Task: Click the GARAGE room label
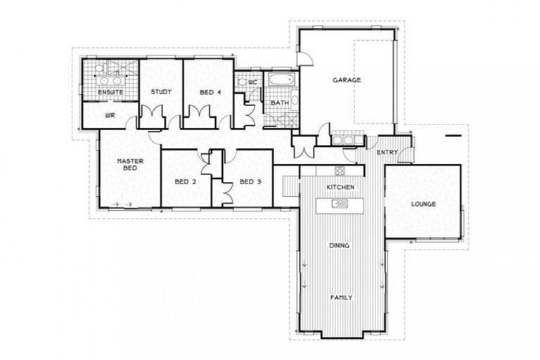[347, 80]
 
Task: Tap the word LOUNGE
[424, 204]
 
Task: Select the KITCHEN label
[340, 187]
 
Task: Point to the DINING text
[340, 245]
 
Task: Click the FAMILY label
[342, 297]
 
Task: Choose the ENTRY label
[387, 152]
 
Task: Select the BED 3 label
[250, 181]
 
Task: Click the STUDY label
[161, 92]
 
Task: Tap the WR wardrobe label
[110, 115]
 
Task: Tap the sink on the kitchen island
[340, 204]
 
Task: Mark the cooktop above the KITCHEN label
[340, 170]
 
